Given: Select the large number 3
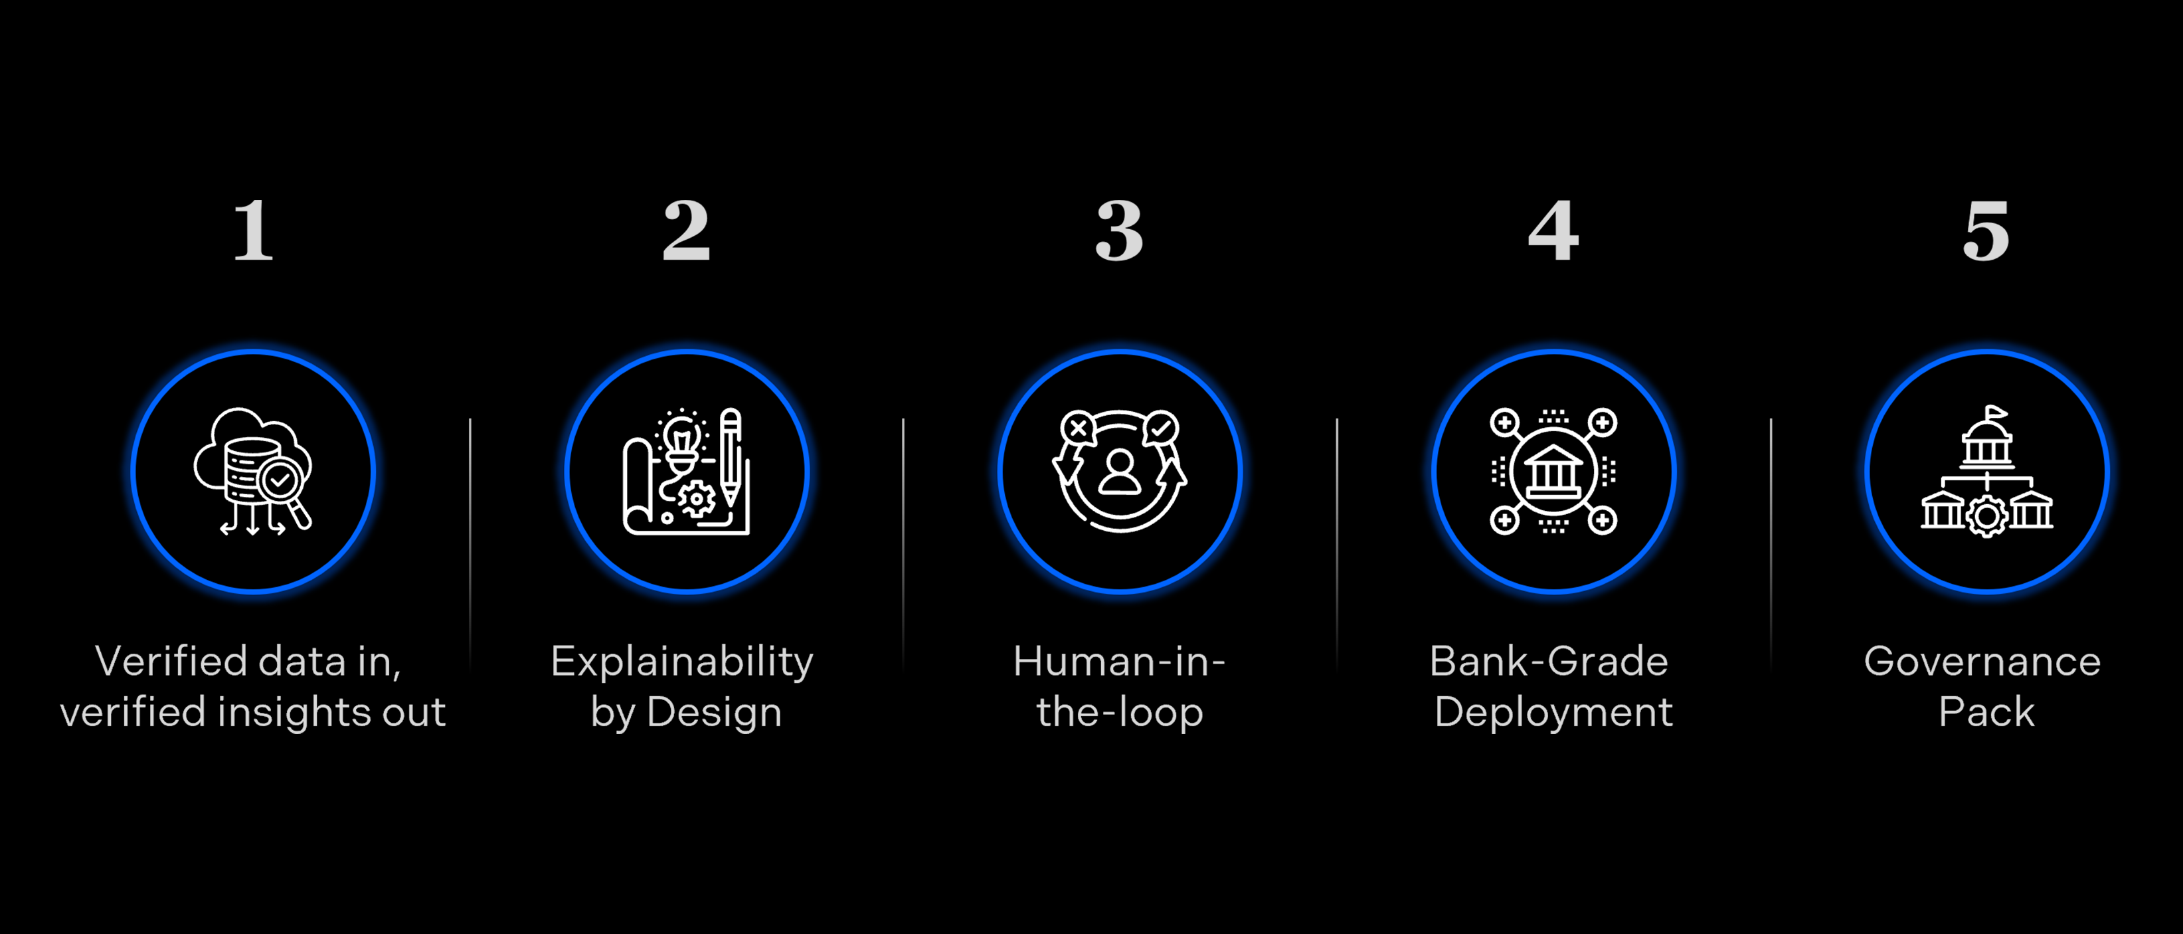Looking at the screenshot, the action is point(1120,231).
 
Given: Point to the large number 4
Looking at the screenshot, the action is point(1553,231).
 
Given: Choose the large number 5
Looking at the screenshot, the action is point(1986,231).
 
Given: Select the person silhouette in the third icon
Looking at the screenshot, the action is point(1120,472).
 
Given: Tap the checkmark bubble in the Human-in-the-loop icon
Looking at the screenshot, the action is point(1160,428).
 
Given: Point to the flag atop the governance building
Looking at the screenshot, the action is point(1996,413).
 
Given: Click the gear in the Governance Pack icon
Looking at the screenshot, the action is point(1987,516).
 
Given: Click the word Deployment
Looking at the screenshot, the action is point(1553,713).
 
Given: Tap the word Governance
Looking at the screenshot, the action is point(1982,661).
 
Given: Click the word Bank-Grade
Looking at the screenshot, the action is point(1549,661).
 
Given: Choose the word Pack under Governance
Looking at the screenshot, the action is point(1986,712).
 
